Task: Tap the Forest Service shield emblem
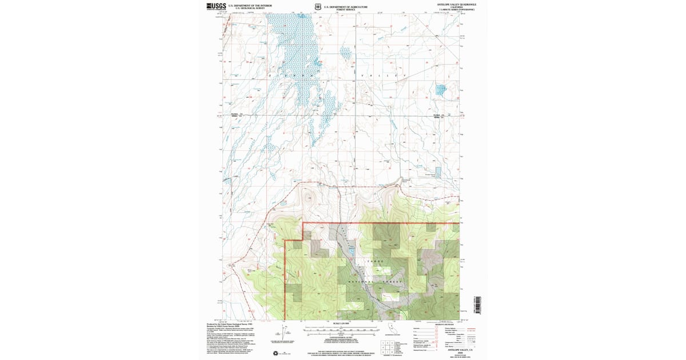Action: coord(317,7)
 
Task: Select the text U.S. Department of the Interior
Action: coord(250,5)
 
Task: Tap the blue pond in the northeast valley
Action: coord(441,89)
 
